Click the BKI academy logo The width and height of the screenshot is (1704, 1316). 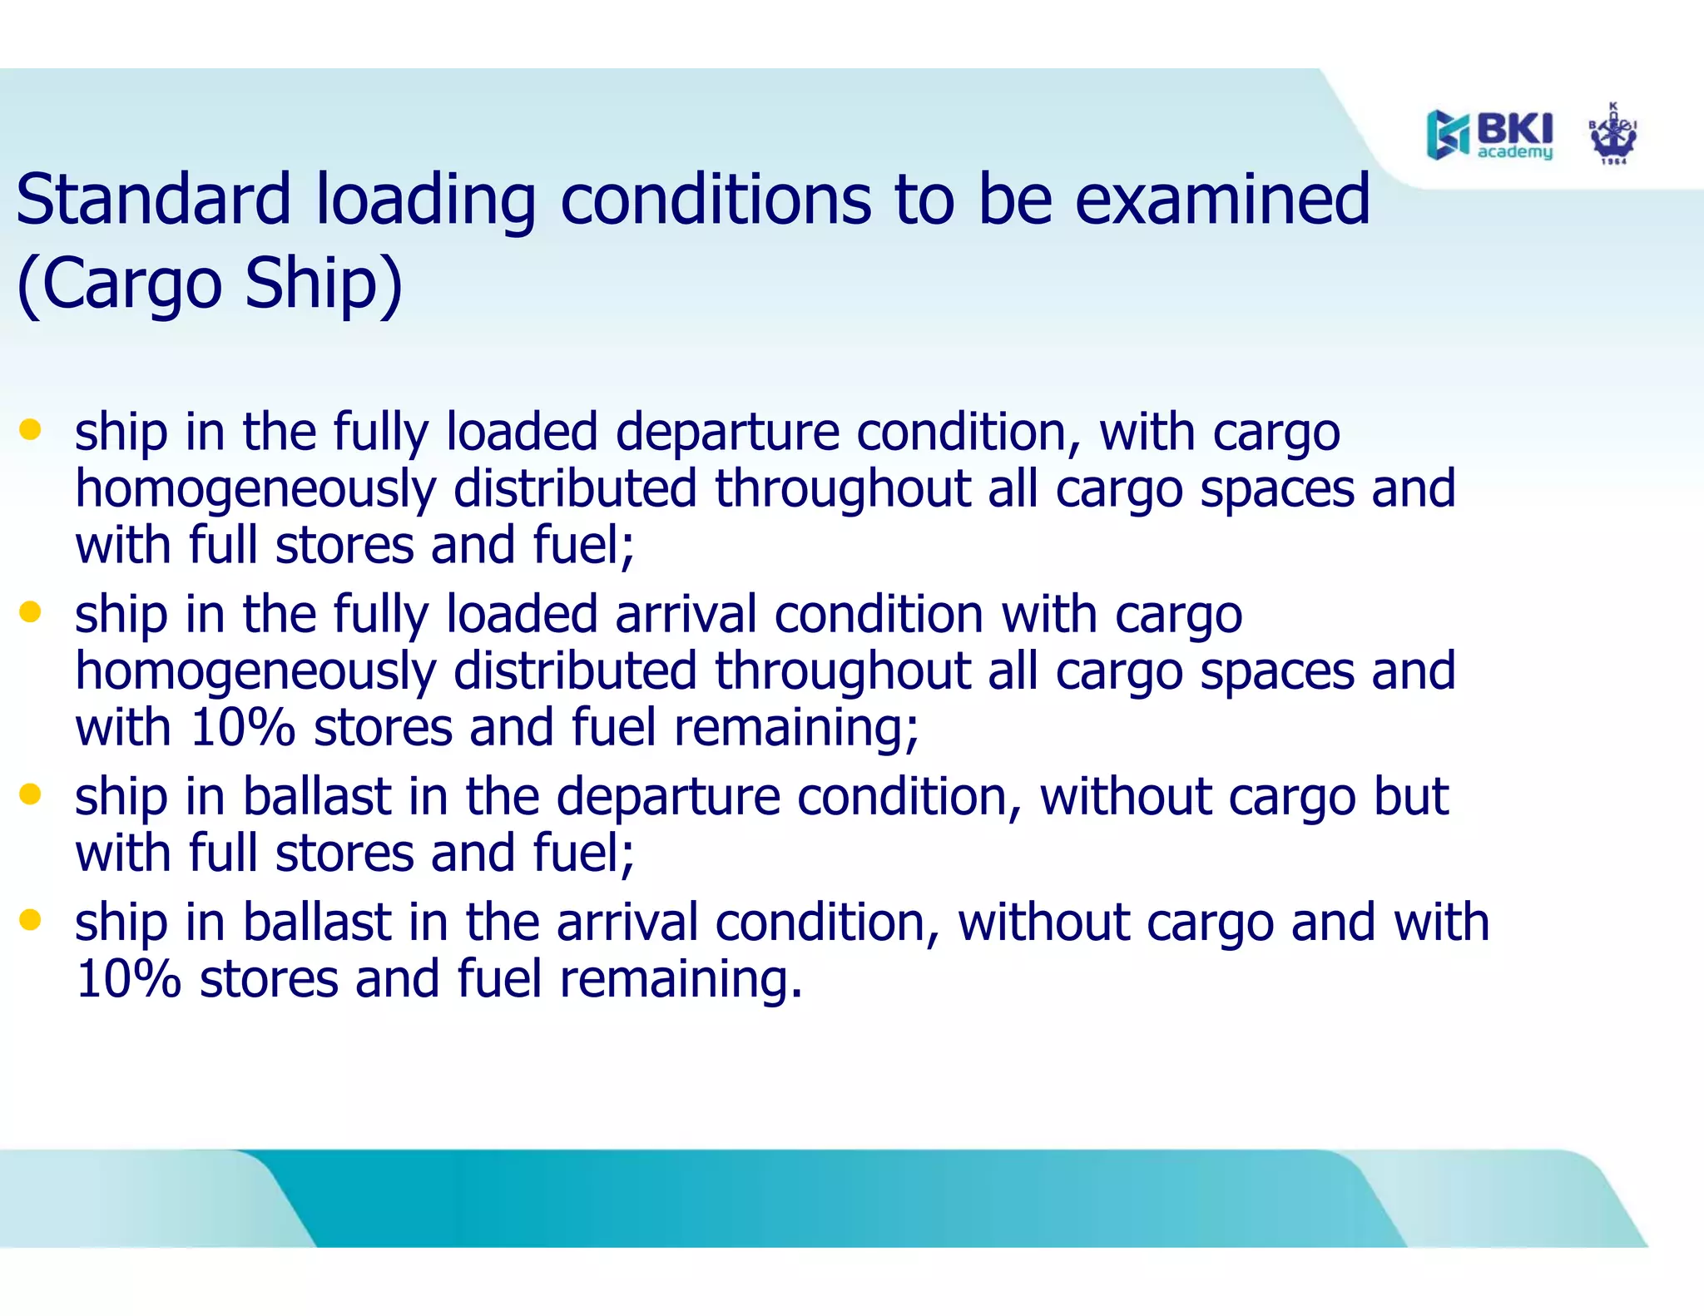[x=1489, y=134]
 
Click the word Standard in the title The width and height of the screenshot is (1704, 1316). [x=153, y=200]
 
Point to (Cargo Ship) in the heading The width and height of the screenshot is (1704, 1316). [x=210, y=284]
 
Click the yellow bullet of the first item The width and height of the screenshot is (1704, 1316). [x=31, y=430]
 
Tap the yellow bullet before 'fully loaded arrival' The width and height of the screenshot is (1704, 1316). [x=31, y=613]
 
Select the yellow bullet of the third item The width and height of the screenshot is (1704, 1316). [x=31, y=794]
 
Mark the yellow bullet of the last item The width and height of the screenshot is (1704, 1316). [x=31, y=920]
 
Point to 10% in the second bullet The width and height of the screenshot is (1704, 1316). [x=242, y=728]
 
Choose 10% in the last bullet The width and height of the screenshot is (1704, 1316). [x=128, y=979]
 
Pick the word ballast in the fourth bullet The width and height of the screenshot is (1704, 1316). [x=317, y=923]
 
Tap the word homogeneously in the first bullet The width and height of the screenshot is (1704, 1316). [x=255, y=490]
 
